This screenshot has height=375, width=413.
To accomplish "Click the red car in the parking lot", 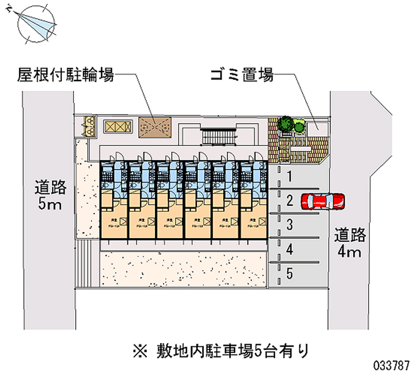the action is (323, 201).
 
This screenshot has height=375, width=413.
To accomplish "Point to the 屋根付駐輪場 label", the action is (66, 76).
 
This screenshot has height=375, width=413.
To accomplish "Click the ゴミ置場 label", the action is (242, 76).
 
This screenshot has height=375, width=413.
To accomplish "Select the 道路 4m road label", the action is (350, 243).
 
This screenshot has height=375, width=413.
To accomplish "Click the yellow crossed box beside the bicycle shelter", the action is (115, 126).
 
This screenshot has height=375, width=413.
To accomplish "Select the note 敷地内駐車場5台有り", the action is (221, 351).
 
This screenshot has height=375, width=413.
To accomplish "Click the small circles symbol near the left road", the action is (91, 125).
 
